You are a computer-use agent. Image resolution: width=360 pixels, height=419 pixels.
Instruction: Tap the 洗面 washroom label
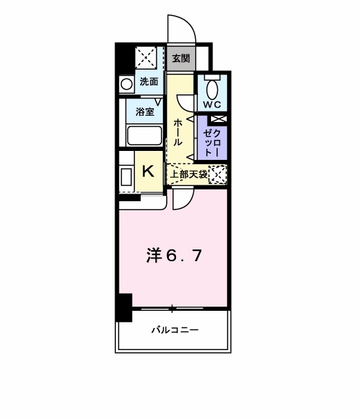click(x=148, y=82)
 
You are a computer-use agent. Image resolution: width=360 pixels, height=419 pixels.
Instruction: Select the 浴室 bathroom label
click(x=145, y=110)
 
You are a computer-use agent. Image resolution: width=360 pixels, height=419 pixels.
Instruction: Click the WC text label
click(x=212, y=105)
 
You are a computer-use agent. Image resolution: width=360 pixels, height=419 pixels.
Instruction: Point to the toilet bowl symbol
click(x=212, y=88)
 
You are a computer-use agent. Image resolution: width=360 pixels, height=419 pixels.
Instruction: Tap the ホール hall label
click(x=178, y=131)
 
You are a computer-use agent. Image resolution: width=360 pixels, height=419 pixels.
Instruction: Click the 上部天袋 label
click(x=189, y=174)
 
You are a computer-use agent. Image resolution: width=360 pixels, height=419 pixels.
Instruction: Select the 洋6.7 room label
click(x=174, y=256)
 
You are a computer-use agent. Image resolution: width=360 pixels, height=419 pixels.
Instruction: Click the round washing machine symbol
click(x=127, y=84)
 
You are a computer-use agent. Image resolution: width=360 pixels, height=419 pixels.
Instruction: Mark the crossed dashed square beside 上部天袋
click(x=218, y=174)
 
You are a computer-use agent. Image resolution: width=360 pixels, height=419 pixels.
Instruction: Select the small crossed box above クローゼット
click(x=212, y=119)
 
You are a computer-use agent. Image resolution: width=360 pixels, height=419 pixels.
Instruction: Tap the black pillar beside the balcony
click(x=123, y=307)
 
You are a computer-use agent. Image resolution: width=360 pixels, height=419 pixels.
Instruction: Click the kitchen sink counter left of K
click(x=127, y=176)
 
